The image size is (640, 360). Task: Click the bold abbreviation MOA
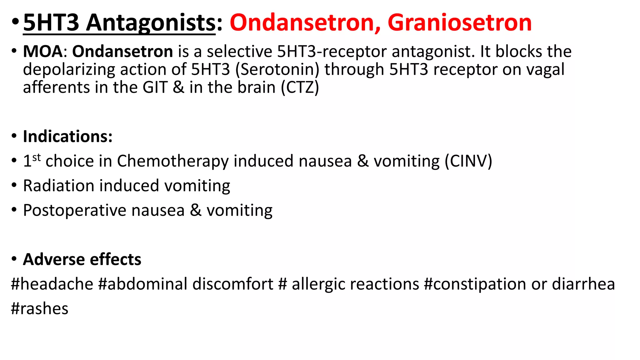[x=43, y=51]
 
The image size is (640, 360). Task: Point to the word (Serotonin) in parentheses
[x=277, y=69]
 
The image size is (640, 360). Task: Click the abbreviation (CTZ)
[x=300, y=87]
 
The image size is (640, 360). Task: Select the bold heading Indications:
[x=67, y=136]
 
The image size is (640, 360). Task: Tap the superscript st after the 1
[x=37, y=157]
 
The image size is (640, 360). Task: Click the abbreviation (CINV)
[x=468, y=161]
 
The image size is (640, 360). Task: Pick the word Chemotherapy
[x=172, y=161]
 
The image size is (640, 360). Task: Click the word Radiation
[x=59, y=186]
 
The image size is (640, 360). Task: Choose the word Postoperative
[x=75, y=210]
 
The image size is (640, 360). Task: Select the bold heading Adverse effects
[x=82, y=259]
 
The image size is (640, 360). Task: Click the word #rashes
[x=40, y=309]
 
